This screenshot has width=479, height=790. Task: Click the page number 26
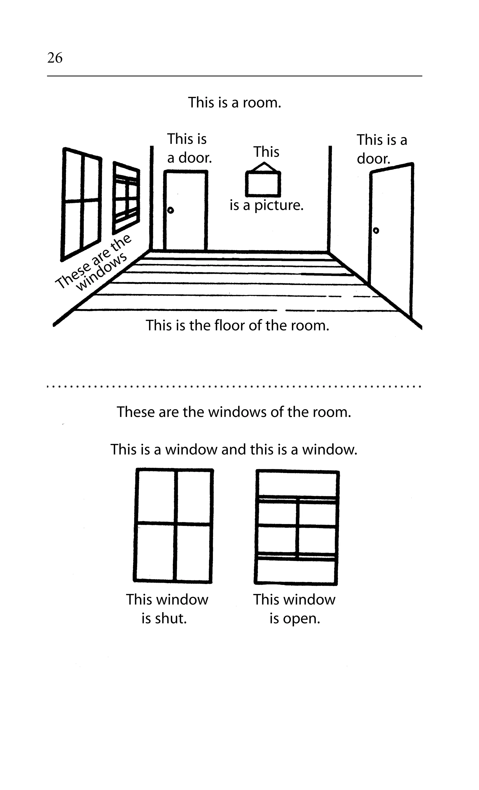(x=55, y=58)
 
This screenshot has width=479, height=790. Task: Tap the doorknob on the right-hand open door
(x=376, y=230)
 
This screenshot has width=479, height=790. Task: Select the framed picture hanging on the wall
(x=263, y=184)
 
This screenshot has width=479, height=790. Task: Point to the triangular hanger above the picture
(x=263, y=167)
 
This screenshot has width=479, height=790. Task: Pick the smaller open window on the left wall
(x=126, y=198)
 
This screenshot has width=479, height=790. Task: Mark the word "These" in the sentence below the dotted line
(x=136, y=412)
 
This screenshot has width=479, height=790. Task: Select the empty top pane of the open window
(x=297, y=484)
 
